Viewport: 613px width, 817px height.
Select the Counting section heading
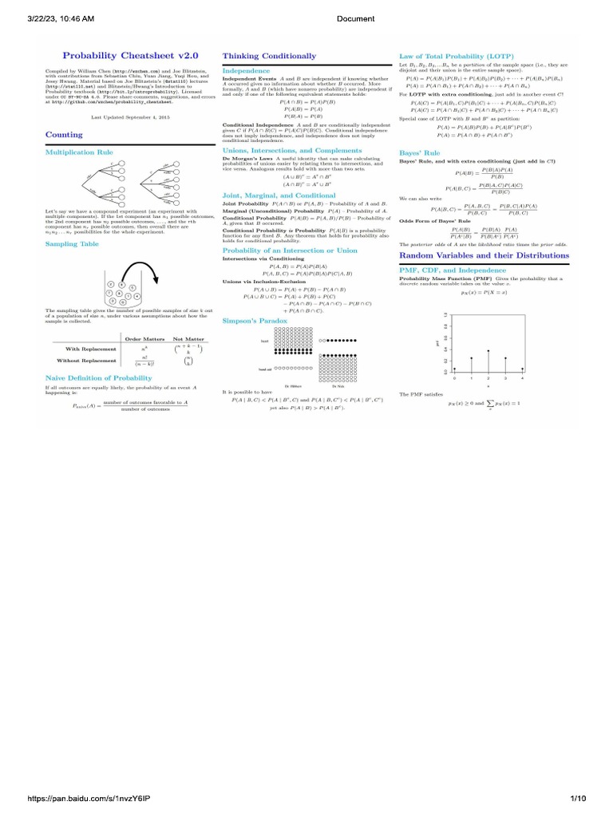pos(64,135)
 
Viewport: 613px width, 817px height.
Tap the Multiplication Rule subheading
pos(79,151)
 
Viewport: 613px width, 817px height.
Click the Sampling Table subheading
pos(72,243)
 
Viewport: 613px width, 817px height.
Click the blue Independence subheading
pos(247,70)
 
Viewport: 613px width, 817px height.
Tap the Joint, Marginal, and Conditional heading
pos(279,195)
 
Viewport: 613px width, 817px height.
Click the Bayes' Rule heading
pos(420,152)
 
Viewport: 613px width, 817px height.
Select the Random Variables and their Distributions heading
pos(484,255)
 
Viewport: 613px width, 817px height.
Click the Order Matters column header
pos(143,339)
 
